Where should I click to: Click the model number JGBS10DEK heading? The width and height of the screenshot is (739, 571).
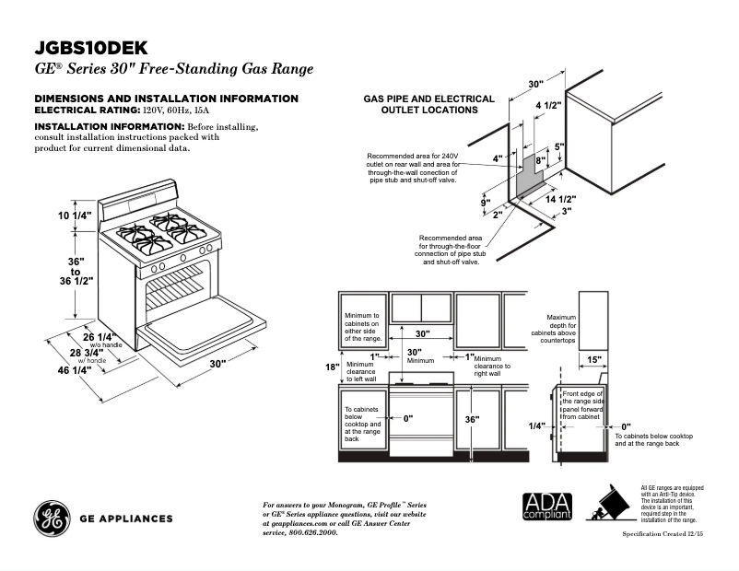[90, 47]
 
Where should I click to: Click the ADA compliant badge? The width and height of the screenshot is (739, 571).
[547, 507]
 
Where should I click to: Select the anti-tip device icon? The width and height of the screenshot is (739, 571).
[609, 506]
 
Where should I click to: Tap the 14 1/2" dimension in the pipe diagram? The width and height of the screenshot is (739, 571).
[560, 199]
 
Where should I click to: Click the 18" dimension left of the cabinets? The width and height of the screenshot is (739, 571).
[333, 367]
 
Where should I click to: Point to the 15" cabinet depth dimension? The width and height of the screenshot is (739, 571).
[593, 360]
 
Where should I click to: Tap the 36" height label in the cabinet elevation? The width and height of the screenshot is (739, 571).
[472, 419]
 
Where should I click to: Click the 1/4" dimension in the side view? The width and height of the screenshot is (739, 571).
[537, 425]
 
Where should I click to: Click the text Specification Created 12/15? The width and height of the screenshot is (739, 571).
[663, 534]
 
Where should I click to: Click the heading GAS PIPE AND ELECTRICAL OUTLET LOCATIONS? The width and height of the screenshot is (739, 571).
[428, 104]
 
